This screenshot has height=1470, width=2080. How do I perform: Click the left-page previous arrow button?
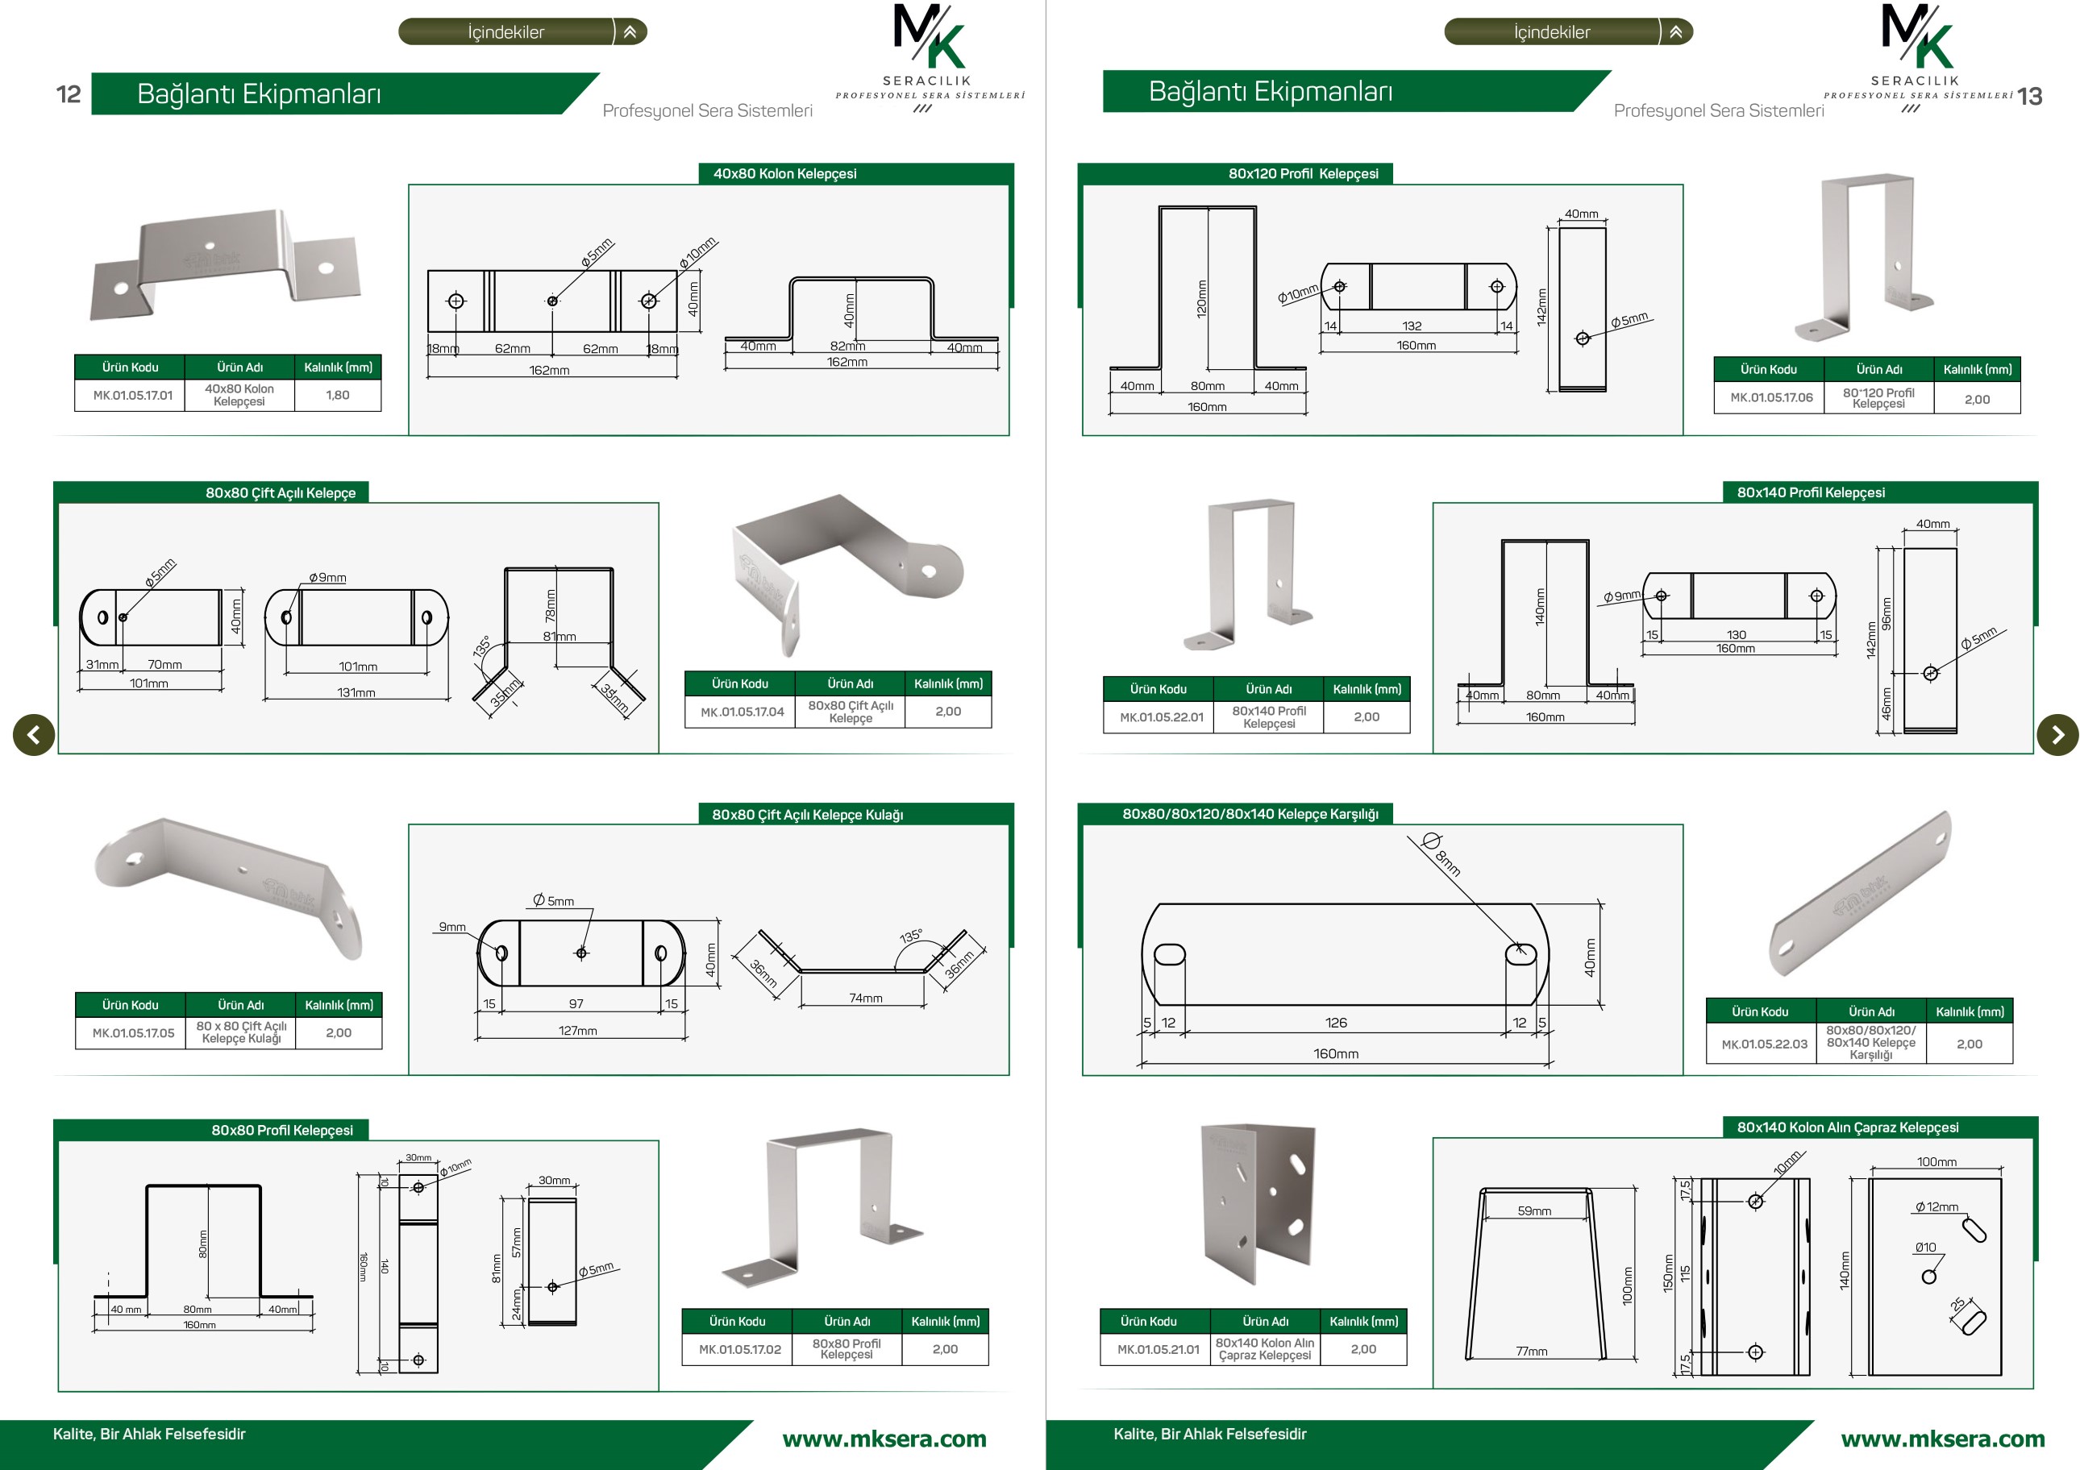(34, 733)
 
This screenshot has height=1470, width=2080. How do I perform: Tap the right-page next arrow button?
(2057, 733)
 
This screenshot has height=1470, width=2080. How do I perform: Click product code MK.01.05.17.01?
(132, 396)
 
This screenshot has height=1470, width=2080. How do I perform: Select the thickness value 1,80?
(338, 395)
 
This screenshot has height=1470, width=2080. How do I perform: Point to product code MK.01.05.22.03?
(1764, 1044)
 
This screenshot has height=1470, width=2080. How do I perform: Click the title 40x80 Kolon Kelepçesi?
(784, 174)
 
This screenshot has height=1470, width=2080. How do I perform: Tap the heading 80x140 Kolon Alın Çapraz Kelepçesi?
(1847, 1127)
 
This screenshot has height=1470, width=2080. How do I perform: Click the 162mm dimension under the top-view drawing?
(549, 371)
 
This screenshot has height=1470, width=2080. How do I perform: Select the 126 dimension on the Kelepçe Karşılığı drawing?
(1336, 1023)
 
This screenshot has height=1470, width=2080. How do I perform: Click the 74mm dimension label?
(865, 998)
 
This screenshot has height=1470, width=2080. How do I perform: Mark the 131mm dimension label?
(356, 693)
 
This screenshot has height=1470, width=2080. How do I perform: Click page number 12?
(69, 94)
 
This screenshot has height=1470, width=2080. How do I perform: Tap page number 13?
(2029, 97)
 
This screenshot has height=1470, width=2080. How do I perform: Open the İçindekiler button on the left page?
(522, 31)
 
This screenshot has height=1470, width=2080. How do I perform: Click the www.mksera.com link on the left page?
(884, 1439)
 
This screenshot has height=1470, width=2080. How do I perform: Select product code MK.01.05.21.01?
(1158, 1350)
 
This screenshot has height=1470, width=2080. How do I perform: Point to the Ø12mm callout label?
(1936, 1206)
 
